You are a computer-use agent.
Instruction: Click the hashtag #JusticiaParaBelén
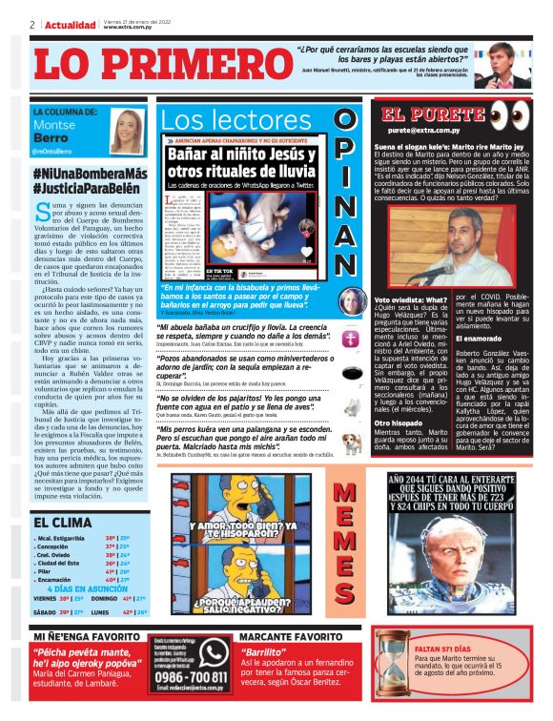(x=88, y=189)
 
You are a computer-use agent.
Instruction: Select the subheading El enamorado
(x=482, y=339)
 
